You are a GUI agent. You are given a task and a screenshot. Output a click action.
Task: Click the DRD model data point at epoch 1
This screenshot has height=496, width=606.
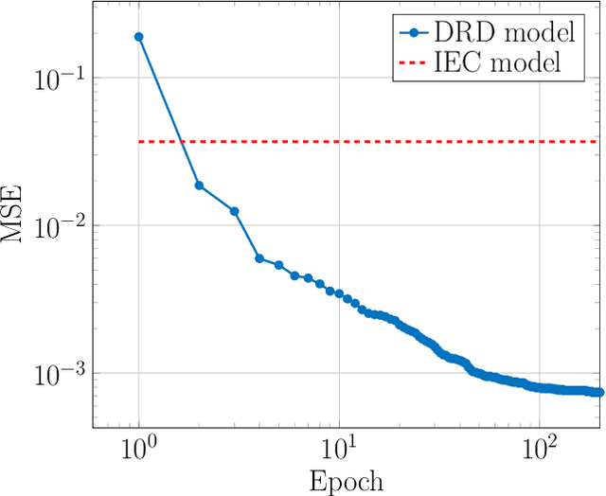139,37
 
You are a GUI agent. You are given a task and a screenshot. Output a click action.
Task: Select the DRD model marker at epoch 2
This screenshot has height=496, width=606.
199,186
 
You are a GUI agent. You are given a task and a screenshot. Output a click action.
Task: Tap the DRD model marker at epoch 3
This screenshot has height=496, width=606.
234,211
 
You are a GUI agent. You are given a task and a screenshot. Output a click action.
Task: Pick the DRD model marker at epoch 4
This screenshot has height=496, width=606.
258,258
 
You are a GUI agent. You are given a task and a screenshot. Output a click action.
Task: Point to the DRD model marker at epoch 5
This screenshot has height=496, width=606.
278,265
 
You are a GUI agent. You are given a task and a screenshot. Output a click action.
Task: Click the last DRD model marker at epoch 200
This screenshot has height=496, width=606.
598,392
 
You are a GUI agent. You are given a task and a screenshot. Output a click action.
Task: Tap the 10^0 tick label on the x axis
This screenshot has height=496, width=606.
139,446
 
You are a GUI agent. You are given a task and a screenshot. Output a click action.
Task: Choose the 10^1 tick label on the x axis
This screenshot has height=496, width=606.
339,446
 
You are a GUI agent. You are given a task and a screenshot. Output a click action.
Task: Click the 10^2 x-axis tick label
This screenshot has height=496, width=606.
539,446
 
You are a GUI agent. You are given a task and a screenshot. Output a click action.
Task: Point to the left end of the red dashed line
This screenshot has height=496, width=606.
140,141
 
